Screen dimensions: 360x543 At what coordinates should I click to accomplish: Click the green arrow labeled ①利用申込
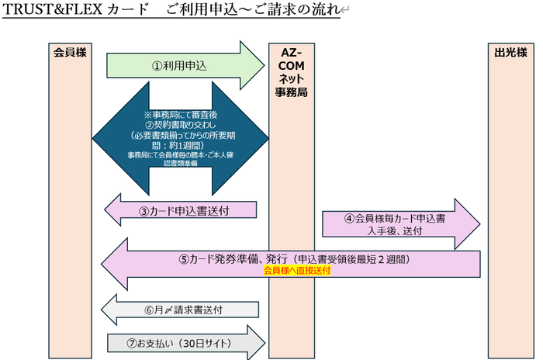point(183,66)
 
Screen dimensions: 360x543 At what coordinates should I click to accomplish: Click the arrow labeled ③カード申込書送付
point(180,211)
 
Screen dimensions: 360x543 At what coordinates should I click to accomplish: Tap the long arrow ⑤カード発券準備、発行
point(291,261)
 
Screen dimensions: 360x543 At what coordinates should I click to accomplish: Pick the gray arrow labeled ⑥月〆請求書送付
point(180,309)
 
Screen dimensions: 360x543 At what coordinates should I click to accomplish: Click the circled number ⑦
point(133,342)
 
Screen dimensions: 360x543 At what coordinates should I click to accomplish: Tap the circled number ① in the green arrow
point(157,67)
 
